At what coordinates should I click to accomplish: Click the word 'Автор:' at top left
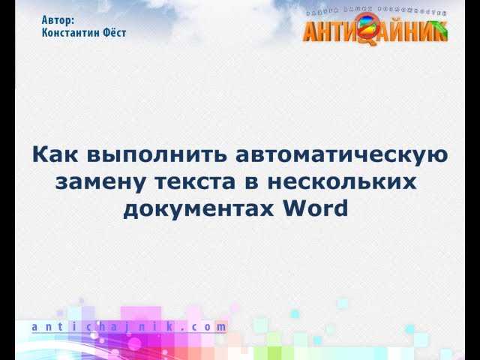click(58, 21)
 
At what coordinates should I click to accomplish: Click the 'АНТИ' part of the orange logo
click(331, 31)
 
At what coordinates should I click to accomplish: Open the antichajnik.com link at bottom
click(129, 327)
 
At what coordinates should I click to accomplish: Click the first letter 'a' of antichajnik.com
click(36, 328)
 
